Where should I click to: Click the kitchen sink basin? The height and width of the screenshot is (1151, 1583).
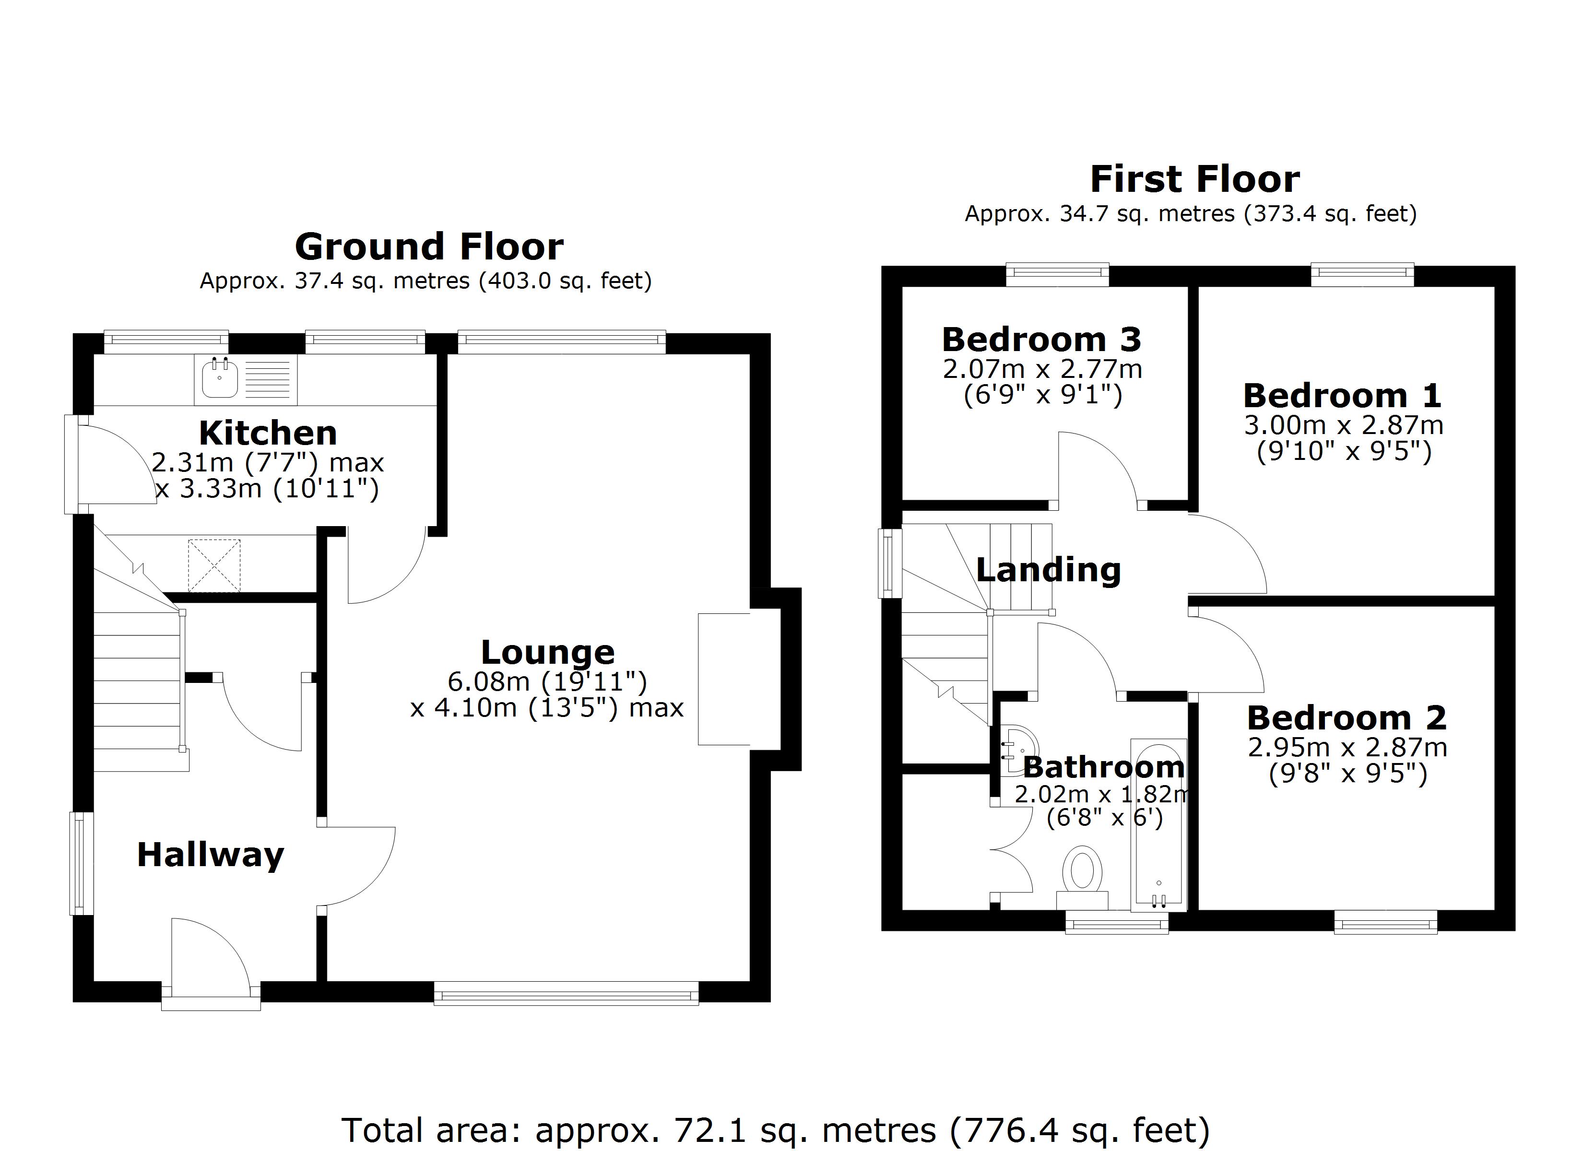click(219, 379)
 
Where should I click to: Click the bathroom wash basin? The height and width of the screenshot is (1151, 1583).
click(1018, 751)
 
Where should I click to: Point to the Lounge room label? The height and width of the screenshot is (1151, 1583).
click(548, 653)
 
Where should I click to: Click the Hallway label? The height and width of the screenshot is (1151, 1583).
click(210, 855)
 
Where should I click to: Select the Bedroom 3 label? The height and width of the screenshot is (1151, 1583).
click(1041, 340)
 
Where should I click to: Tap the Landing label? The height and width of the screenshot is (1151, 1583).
click(1048, 570)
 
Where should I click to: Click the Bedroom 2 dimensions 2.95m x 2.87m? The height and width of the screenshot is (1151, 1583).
click(1347, 748)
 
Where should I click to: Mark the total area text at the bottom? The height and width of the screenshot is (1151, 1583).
click(775, 1130)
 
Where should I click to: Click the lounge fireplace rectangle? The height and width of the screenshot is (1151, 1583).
click(724, 679)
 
